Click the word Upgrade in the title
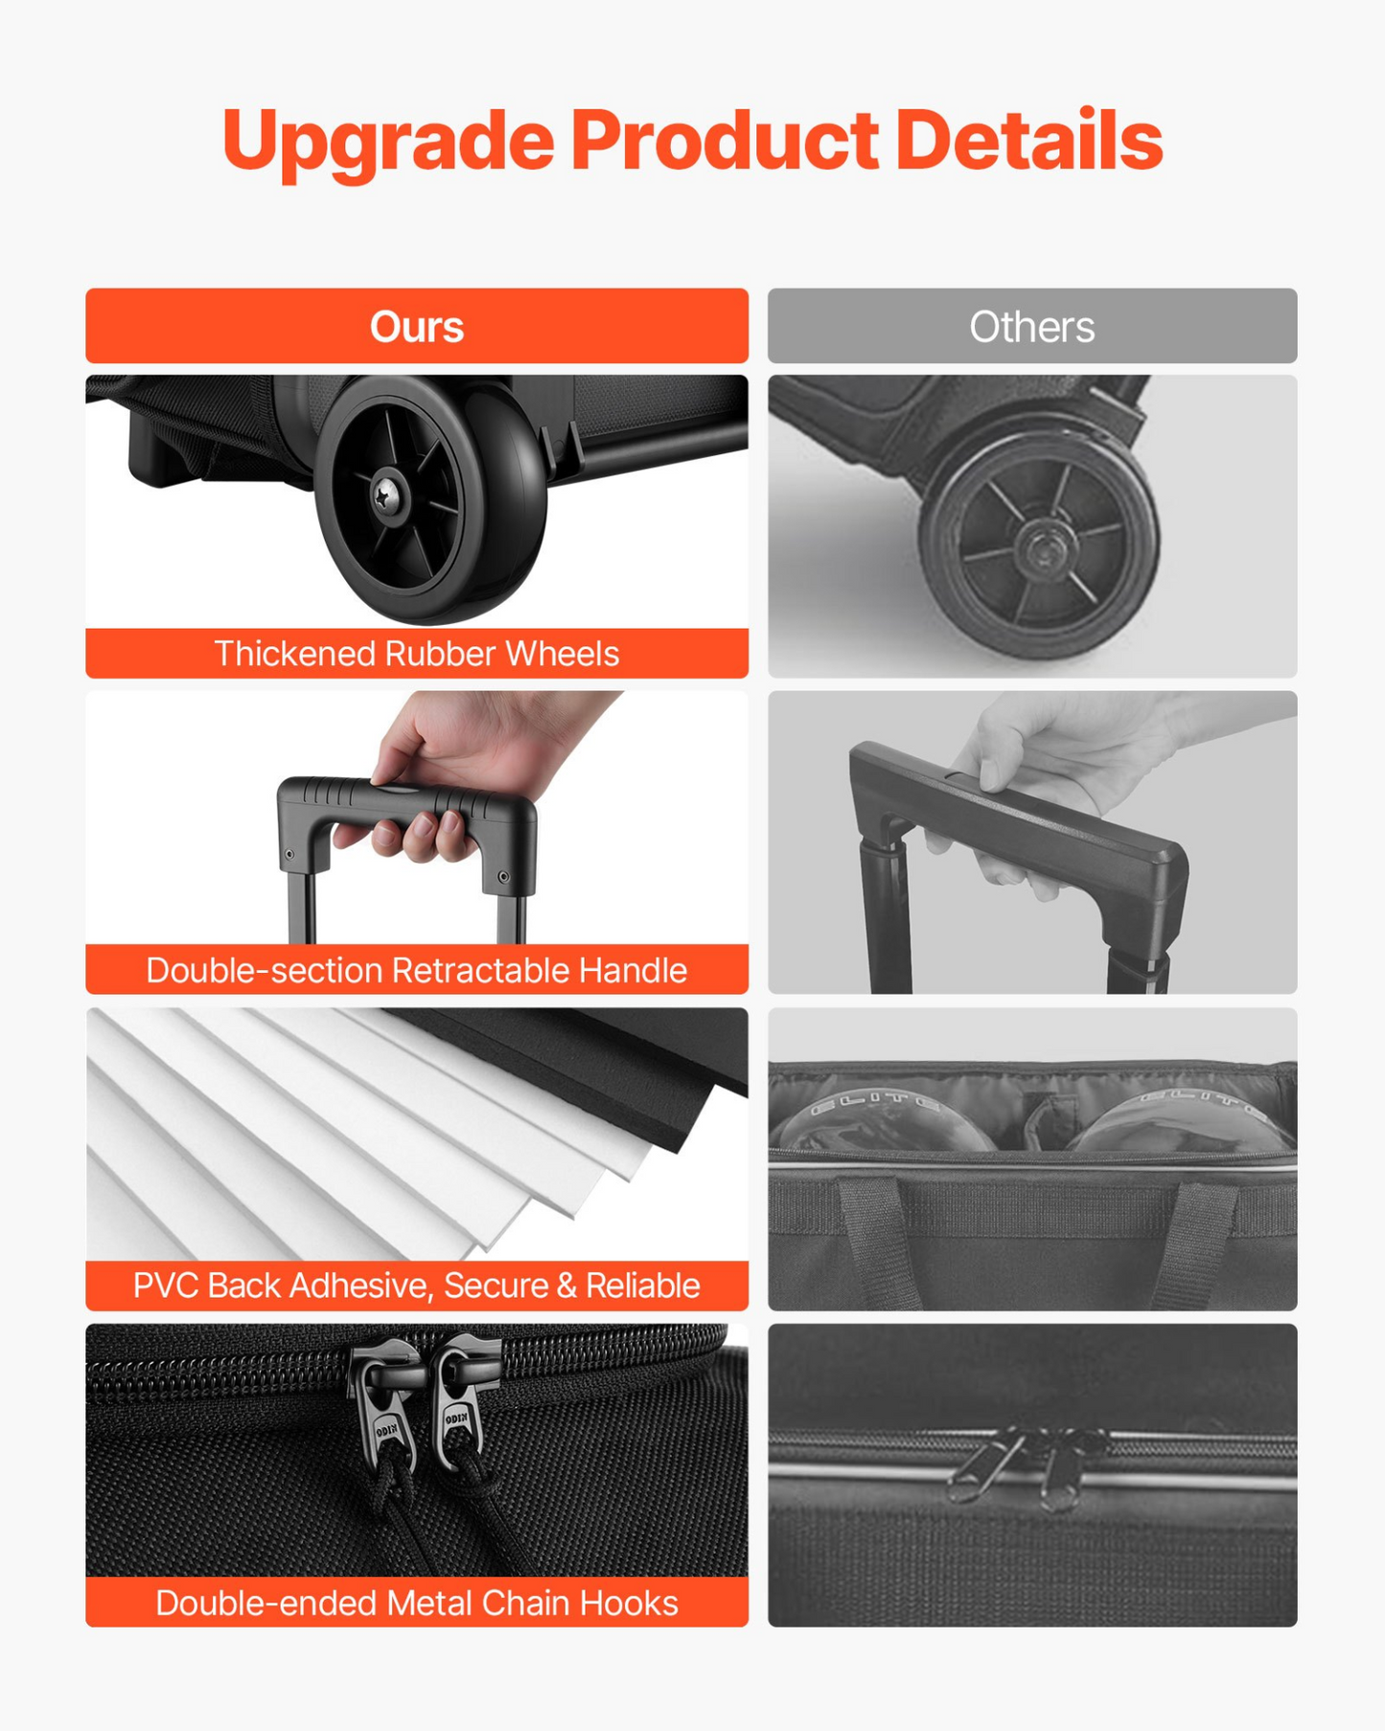click(388, 142)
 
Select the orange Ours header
click(417, 326)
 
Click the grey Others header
click(1032, 326)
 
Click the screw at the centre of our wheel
click(390, 496)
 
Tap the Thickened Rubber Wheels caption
click(417, 654)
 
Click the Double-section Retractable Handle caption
click(417, 970)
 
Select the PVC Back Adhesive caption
click(417, 1285)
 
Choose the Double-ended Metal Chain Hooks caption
click(417, 1603)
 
